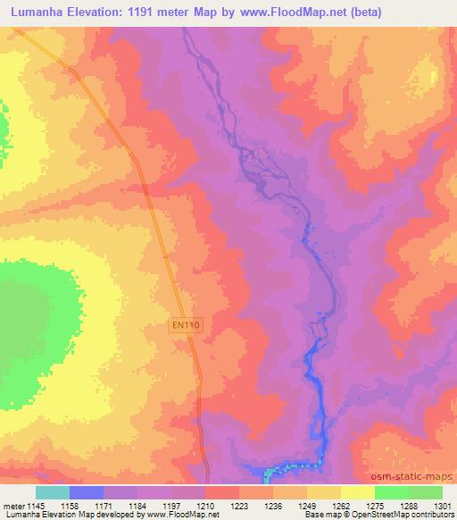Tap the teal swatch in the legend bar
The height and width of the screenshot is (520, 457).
(x=52, y=492)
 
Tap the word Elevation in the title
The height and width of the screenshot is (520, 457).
(x=104, y=12)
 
